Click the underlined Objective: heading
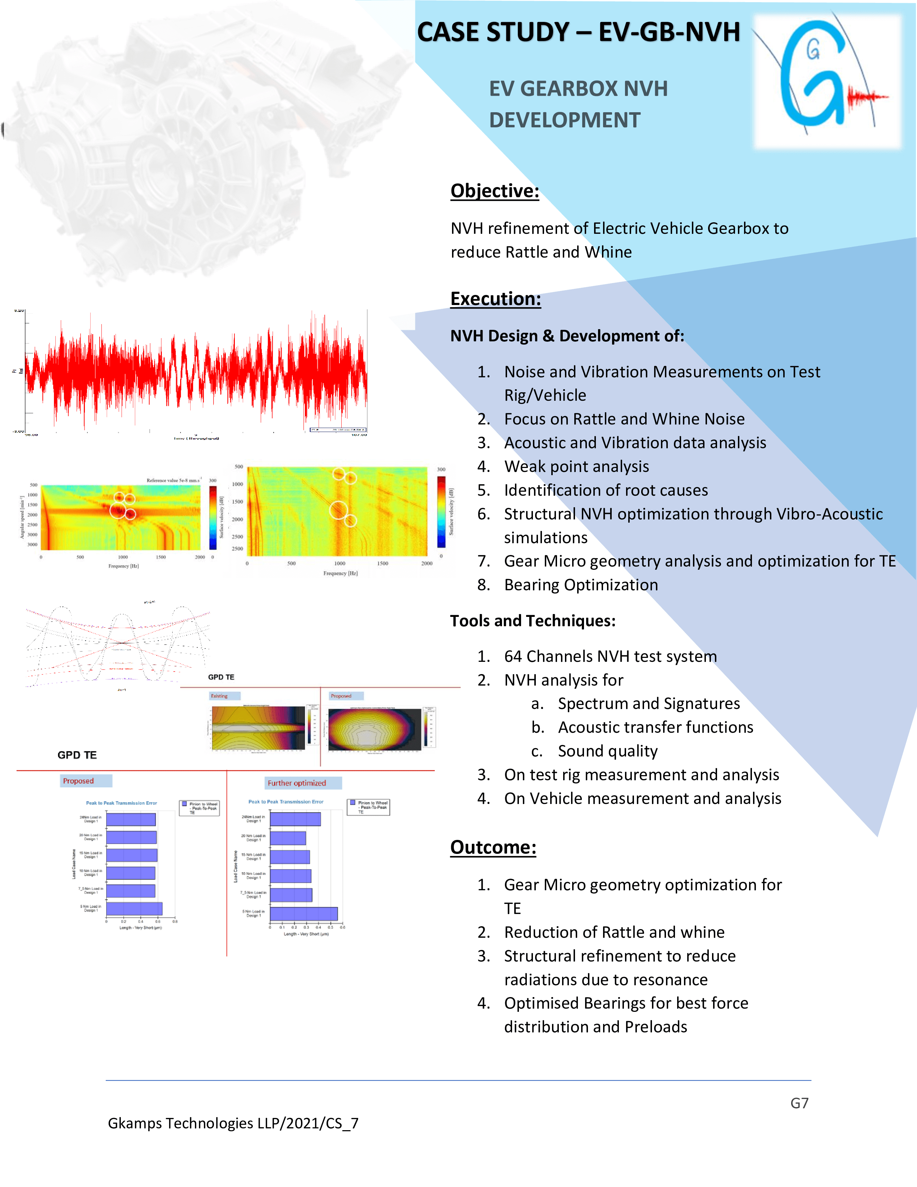click(494, 191)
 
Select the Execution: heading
click(496, 299)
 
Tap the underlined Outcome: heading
click(493, 847)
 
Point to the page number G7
click(799, 1103)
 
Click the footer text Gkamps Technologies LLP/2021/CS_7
click(233, 1123)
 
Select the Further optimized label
click(297, 783)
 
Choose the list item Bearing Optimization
click(581, 585)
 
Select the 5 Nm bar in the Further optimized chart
click(304, 914)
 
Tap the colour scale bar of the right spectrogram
click(441, 512)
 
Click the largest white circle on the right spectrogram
click(338, 510)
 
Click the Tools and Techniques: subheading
click(532, 621)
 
